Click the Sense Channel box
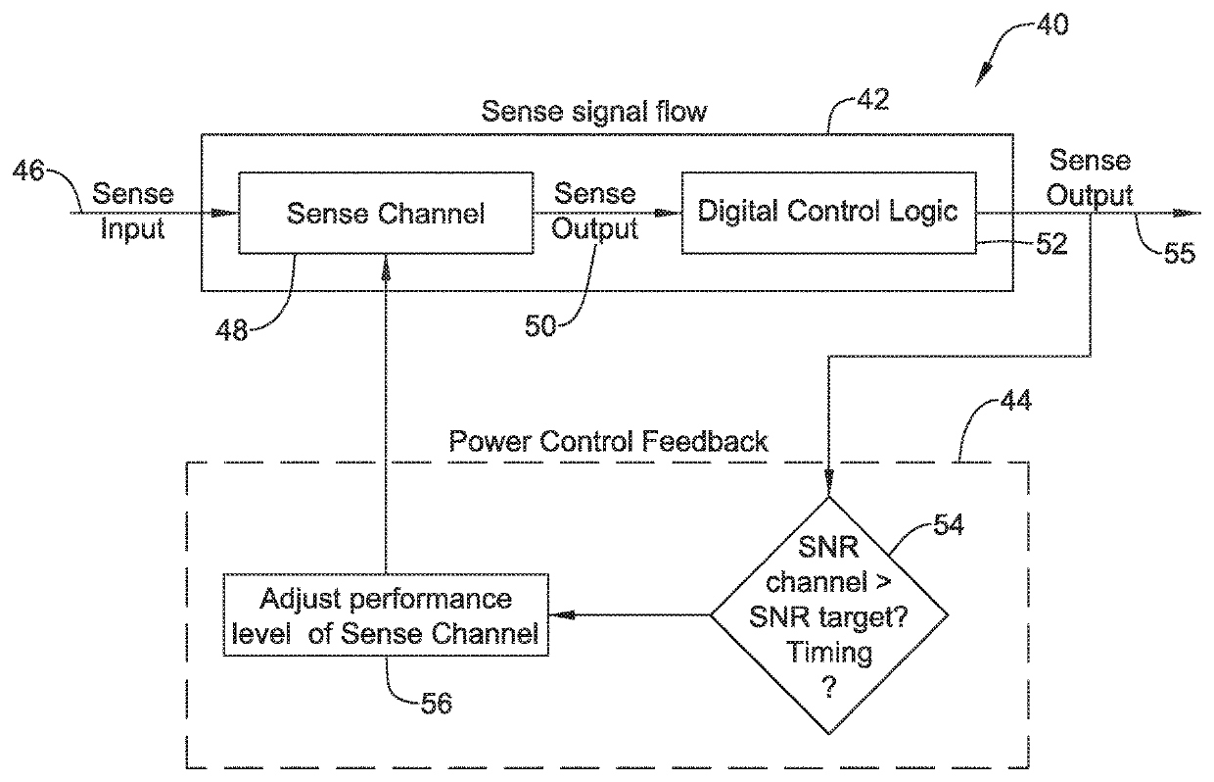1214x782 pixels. pos(385,214)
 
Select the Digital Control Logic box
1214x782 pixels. pos(828,212)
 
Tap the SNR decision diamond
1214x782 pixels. pos(828,615)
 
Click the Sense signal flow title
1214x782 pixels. pos(592,110)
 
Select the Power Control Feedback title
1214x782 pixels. pos(607,441)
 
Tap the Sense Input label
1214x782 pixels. pos(130,211)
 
